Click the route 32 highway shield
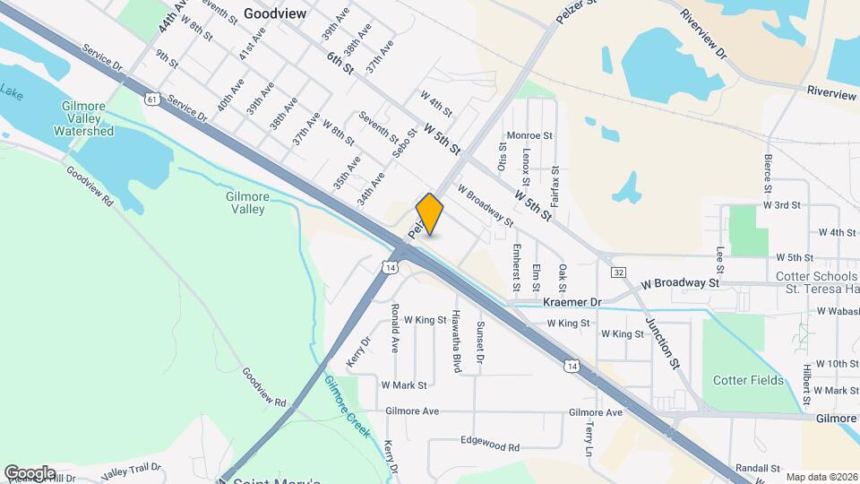[x=618, y=271]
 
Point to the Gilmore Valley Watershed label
[x=83, y=118]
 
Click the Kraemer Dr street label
[x=572, y=303]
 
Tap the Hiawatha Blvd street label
[x=456, y=341]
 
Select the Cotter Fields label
[x=748, y=380]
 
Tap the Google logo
[x=30, y=472]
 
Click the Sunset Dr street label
[x=480, y=337]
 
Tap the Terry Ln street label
[x=589, y=440]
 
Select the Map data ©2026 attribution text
[x=821, y=477]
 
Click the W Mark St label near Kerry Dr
[x=404, y=385]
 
